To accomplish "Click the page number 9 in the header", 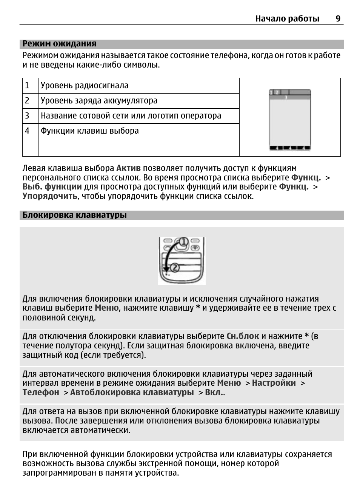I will pos(338,18).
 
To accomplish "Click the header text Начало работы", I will pos(287,18).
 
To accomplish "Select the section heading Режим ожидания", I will pos(59,44).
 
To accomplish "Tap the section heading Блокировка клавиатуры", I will pos(74,215).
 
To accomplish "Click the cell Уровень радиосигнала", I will pos(85,86).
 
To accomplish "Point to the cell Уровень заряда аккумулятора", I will pos(99,101).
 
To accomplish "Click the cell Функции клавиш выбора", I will pos(90,131).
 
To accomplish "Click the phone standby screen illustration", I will pos(290,120).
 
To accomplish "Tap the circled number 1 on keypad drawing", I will pos(183,242).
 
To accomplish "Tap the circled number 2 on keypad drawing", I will pos(175,268).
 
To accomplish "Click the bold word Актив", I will pos(128,168).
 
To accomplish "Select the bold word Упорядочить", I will pos(49,196).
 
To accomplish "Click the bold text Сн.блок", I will pos(243,336).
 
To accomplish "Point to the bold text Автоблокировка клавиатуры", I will pos(132,393).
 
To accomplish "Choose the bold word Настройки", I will pos(274,383).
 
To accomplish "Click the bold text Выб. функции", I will pos(52,187).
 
